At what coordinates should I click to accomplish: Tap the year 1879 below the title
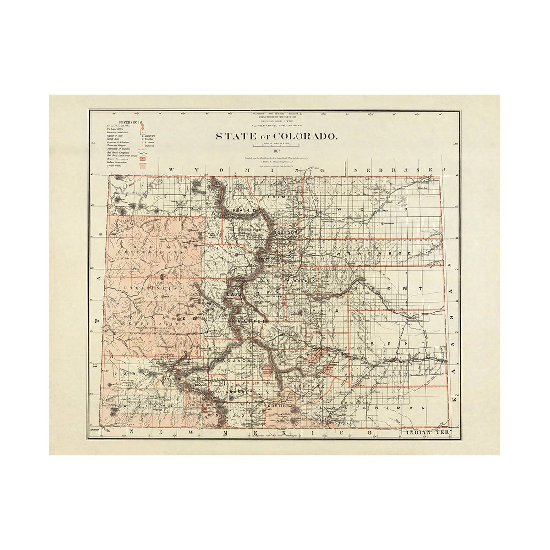pos(276,151)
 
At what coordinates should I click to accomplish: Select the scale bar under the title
pos(276,146)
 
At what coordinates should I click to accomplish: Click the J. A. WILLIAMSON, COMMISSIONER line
pos(276,125)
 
